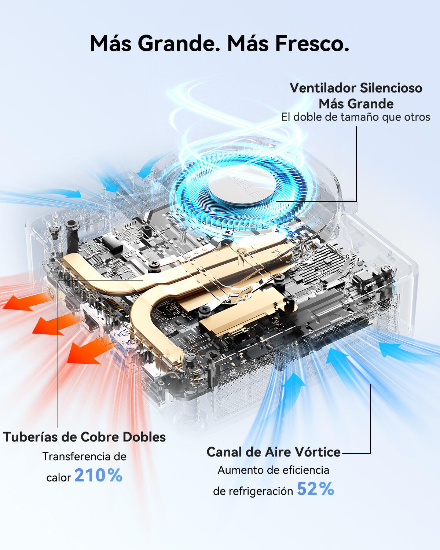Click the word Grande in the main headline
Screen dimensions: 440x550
pos(179,43)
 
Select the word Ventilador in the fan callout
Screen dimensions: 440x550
pos(323,88)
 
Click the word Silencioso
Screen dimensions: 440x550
pos(391,88)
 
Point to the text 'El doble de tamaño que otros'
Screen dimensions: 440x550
pos(356,117)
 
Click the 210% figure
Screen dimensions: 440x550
pos(98,475)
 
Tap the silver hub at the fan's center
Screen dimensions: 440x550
pos(243,186)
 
